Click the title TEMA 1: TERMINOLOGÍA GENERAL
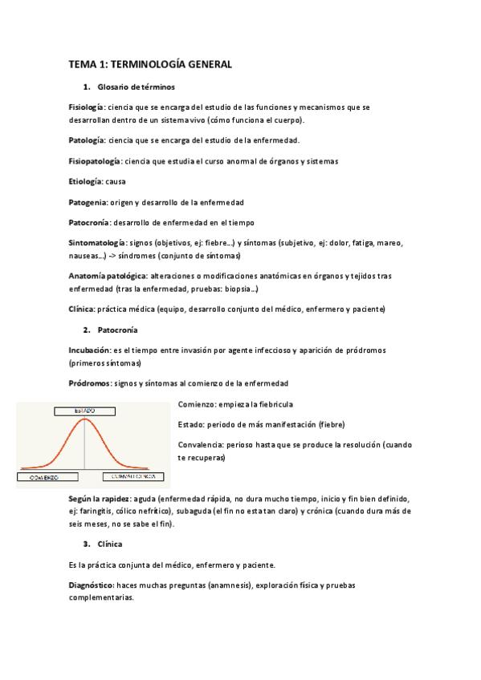click(x=150, y=64)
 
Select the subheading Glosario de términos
click(x=136, y=86)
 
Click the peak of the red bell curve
click(x=84, y=419)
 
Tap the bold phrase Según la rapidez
click(x=100, y=497)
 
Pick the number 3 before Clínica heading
click(x=85, y=544)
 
